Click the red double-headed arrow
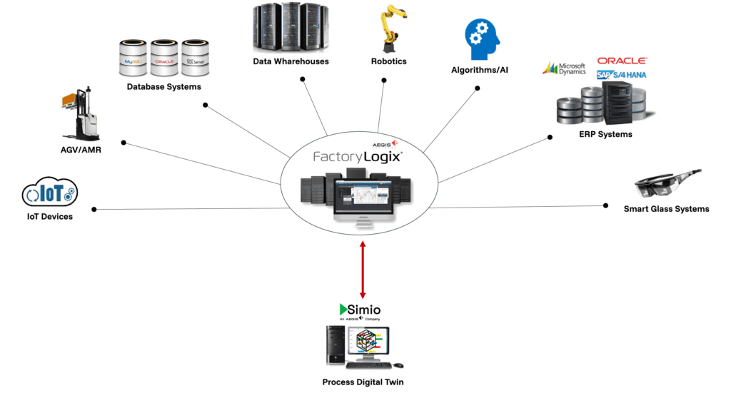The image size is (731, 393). [363, 270]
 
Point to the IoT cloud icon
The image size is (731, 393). [50, 193]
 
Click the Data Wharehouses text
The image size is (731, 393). [291, 61]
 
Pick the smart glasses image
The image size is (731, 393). [667, 185]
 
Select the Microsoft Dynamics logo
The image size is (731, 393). [565, 68]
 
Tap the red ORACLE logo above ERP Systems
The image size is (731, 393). [622, 61]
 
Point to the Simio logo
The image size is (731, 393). [360, 310]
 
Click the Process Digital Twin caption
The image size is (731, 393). [363, 382]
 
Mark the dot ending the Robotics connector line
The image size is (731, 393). [384, 81]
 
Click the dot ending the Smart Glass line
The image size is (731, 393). [605, 205]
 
